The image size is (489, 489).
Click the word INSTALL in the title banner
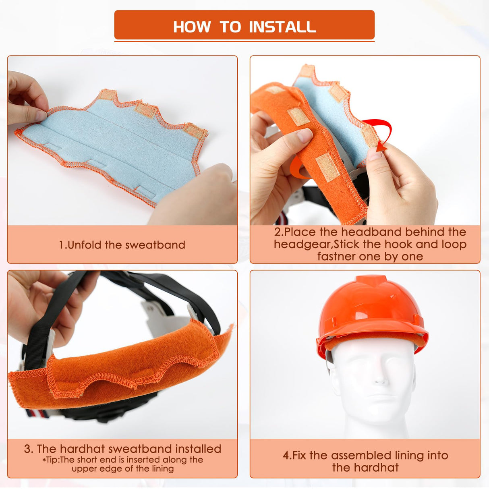282,27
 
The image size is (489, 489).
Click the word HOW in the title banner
192,27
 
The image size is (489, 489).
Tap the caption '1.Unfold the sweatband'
122,245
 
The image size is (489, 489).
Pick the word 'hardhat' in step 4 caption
365,468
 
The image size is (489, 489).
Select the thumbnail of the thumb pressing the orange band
305,136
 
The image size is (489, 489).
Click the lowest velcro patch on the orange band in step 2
327,167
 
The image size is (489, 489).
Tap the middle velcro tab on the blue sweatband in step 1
144,109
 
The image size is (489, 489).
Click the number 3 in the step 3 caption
27,449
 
